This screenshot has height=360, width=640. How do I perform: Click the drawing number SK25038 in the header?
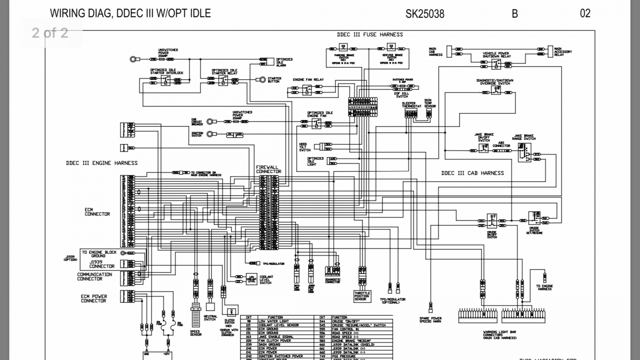(x=424, y=13)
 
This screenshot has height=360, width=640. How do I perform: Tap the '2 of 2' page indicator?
(x=50, y=33)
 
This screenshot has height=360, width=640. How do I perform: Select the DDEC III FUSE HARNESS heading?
(x=369, y=34)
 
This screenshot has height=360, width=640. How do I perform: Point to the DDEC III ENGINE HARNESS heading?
(x=101, y=163)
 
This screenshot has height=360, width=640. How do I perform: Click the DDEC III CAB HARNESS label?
(x=472, y=173)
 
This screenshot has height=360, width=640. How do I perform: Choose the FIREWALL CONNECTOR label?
(x=268, y=169)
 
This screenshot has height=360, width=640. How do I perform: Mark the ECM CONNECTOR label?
(x=97, y=212)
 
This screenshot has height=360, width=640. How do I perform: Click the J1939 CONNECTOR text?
(x=101, y=263)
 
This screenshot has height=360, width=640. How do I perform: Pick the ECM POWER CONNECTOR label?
(x=93, y=298)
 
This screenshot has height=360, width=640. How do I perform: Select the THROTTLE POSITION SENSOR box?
(x=361, y=295)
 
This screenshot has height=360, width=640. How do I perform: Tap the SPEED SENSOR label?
(x=195, y=332)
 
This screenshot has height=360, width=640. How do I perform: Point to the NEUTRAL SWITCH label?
(x=210, y=317)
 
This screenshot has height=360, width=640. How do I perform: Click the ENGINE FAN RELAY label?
(x=308, y=79)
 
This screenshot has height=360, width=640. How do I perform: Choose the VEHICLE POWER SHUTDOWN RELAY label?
(x=496, y=55)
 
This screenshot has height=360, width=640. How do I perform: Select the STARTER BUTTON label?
(x=274, y=79)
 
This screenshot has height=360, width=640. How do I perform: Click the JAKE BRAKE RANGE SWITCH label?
(x=524, y=137)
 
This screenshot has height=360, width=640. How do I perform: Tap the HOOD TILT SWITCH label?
(x=304, y=147)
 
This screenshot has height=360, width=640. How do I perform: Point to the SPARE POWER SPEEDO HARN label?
(x=430, y=319)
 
